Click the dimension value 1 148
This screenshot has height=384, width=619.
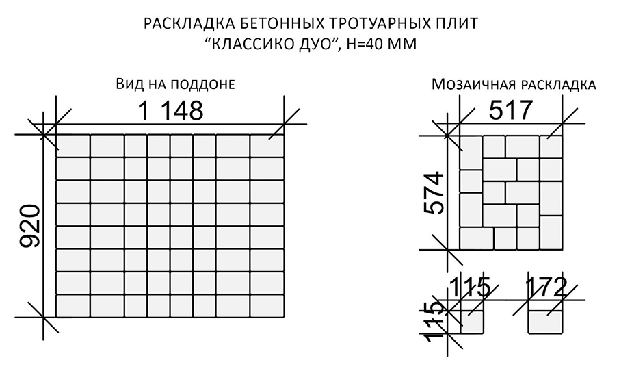click(x=171, y=110)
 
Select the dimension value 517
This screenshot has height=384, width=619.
click(x=510, y=110)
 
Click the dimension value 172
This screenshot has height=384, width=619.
click(x=546, y=286)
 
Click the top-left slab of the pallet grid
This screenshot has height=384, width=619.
click(x=72, y=145)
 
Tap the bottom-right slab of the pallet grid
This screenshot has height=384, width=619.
click(x=267, y=305)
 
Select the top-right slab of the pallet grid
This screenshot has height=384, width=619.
click(x=267, y=145)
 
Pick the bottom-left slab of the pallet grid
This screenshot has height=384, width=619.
click(x=72, y=305)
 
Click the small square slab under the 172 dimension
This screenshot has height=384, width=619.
click(x=546, y=316)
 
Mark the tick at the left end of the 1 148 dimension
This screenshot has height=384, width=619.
click(x=55, y=123)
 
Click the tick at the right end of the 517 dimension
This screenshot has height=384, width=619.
click(x=564, y=123)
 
